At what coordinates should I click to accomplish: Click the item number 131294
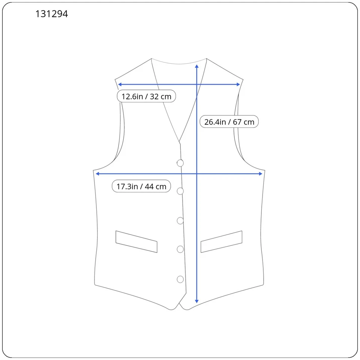pyautogui.click(x=52, y=14)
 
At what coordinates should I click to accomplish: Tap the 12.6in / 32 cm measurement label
pyautogui.click(x=146, y=96)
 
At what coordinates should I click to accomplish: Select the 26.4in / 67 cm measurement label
pyautogui.click(x=229, y=122)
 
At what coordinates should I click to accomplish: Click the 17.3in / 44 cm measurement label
pyautogui.click(x=141, y=186)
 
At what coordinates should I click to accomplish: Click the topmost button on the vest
pyautogui.click(x=180, y=163)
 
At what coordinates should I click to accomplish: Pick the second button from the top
pyautogui.click(x=180, y=191)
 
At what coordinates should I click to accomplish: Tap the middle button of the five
pyautogui.click(x=180, y=221)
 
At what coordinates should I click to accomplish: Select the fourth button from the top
pyautogui.click(x=180, y=249)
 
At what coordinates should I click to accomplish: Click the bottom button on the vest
pyautogui.click(x=180, y=279)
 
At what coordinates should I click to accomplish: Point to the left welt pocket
pyautogui.click(x=136, y=241)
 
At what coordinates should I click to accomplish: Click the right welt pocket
pyautogui.click(x=221, y=241)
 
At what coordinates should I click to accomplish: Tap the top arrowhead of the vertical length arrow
pyautogui.click(x=197, y=66)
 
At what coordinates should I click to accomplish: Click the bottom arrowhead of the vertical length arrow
pyautogui.click(x=197, y=301)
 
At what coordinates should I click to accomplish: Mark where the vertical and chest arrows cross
pyautogui.click(x=197, y=174)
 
